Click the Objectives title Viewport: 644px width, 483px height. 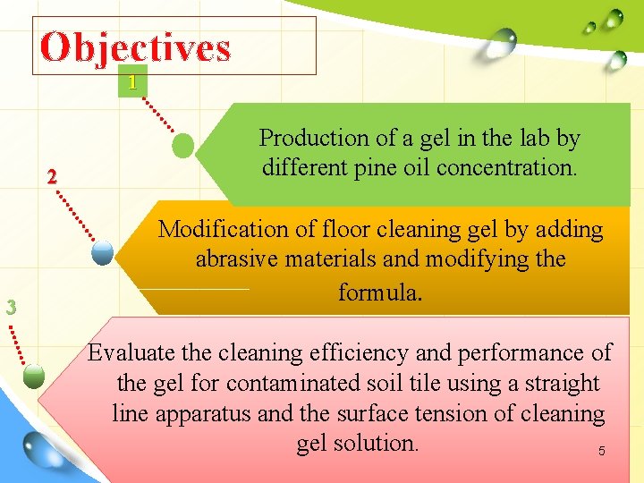tap(135, 47)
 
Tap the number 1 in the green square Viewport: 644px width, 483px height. tap(132, 83)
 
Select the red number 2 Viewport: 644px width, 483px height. tap(52, 176)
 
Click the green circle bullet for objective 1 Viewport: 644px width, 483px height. tap(183, 144)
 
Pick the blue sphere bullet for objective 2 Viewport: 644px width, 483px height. tap(104, 253)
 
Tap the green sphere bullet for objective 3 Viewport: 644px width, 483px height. tap(34, 376)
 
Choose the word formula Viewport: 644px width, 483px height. tap(380, 291)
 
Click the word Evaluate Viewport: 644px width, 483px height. tap(131, 352)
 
